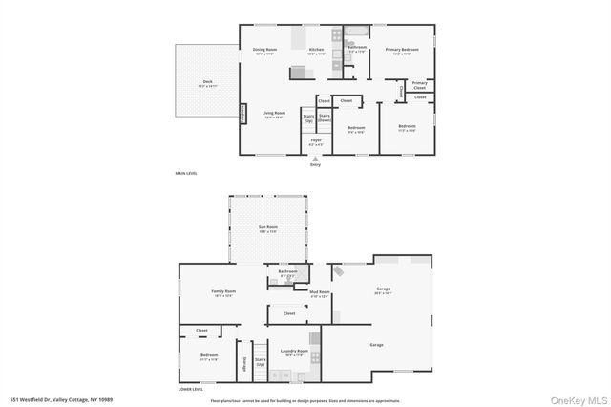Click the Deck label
207,83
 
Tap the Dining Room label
264,51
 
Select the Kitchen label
316,51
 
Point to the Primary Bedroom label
402,51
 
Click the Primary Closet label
420,85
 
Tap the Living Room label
274,114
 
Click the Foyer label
315,141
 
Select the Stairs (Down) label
325,118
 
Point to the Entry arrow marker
315,158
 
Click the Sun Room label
267,228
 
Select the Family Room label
223,292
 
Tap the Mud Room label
318,293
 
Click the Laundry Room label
294,352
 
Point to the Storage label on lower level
244,362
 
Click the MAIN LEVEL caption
186,173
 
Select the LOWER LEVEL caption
191,389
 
